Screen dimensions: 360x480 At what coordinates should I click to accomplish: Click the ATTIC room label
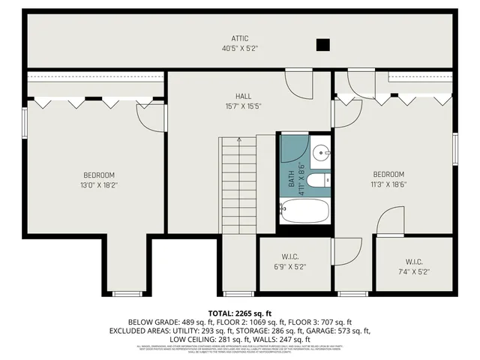click(x=240, y=38)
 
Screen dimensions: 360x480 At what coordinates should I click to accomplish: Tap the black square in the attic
click(x=322, y=45)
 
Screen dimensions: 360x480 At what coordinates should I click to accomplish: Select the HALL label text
click(x=243, y=96)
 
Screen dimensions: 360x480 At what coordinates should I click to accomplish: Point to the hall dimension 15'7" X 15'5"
click(x=243, y=106)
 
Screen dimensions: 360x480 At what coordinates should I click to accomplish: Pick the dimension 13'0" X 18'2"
click(x=97, y=184)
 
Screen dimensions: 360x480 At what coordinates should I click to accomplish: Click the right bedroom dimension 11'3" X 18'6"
click(x=388, y=184)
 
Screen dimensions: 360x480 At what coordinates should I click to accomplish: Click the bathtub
click(x=304, y=211)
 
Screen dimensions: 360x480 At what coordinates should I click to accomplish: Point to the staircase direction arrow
click(x=238, y=140)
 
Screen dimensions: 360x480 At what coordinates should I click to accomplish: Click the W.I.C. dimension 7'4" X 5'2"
click(x=413, y=271)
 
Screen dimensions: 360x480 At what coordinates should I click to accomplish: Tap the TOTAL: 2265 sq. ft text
click(x=239, y=313)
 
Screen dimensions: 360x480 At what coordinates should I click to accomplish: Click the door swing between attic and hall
click(x=298, y=84)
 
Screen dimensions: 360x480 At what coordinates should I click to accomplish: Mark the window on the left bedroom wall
click(x=25, y=120)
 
